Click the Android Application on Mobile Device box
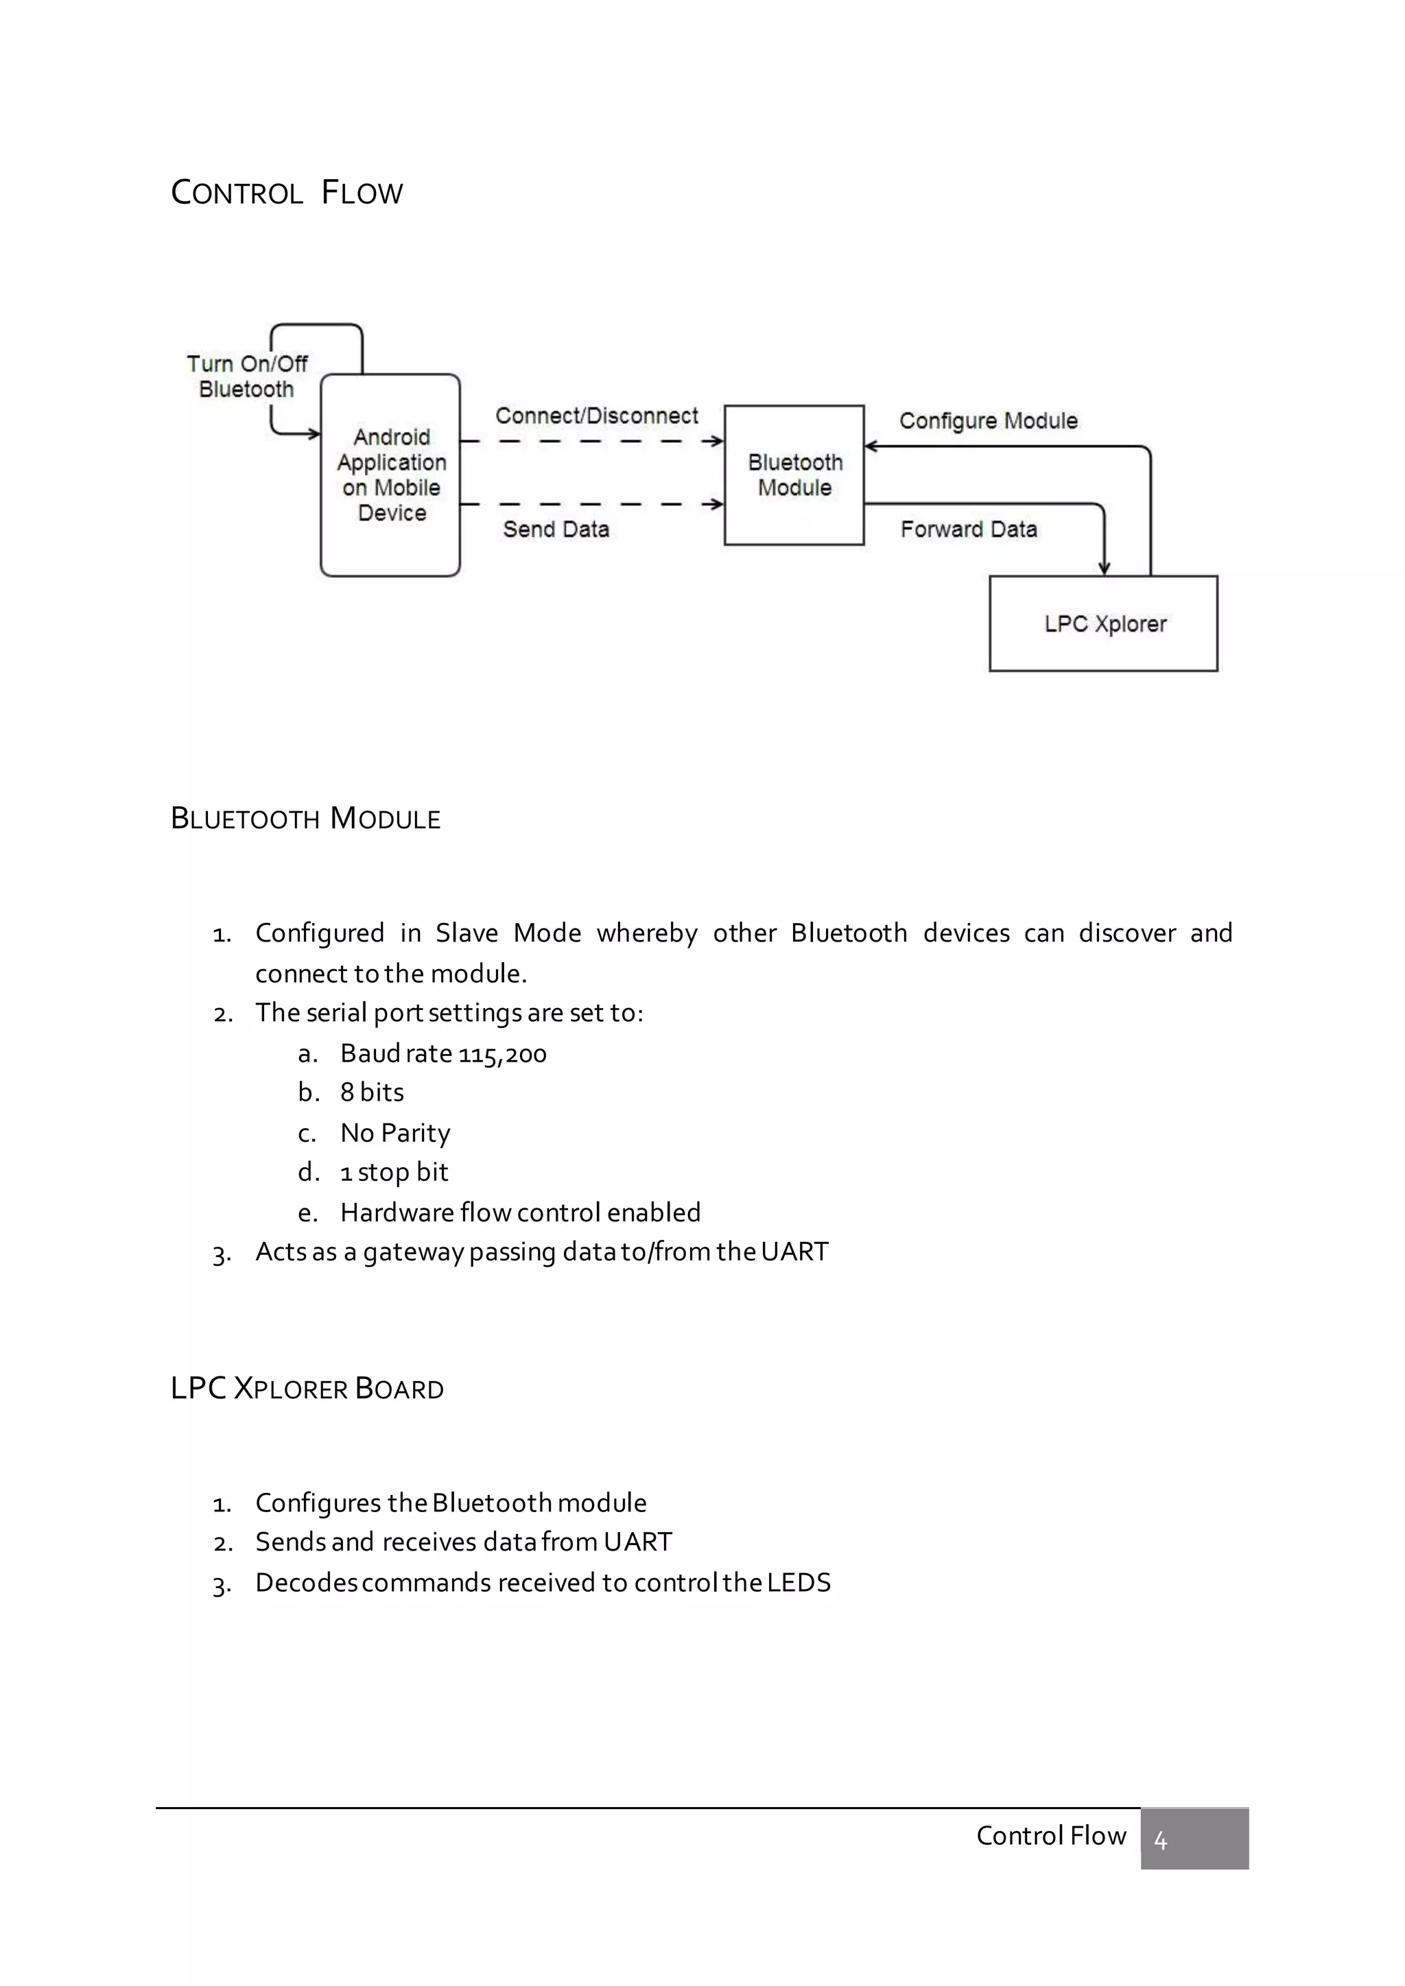click(390, 475)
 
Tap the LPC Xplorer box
click(1103, 623)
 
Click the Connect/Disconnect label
click(596, 416)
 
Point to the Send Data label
click(556, 529)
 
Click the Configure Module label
click(988, 421)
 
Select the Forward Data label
click(968, 529)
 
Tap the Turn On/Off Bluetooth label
click(246, 376)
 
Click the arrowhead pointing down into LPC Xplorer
click(1104, 567)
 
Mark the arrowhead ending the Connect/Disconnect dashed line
click(716, 441)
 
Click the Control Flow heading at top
click(286, 192)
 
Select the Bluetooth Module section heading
click(305, 818)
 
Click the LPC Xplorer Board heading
click(307, 1388)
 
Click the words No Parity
click(394, 1133)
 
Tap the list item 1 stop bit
click(394, 1173)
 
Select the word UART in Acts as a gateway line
click(794, 1252)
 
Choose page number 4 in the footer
click(1160, 1841)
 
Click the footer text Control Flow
click(1050, 1836)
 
